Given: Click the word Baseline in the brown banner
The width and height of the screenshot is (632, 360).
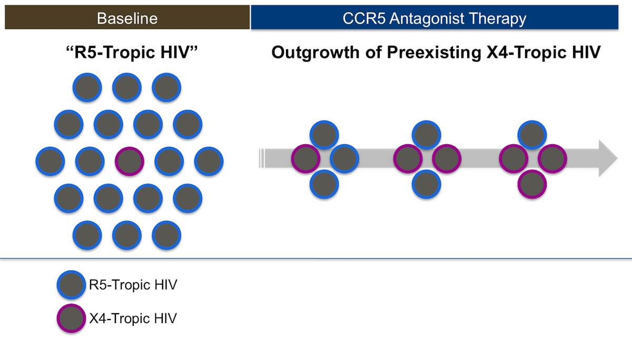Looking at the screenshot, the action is click(x=127, y=18).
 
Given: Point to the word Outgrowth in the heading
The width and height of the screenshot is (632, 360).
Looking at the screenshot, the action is click(x=315, y=53).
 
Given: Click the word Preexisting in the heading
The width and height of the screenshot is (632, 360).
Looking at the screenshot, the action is click(x=434, y=53).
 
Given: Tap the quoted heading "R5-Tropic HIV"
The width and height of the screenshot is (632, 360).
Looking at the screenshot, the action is click(x=132, y=53).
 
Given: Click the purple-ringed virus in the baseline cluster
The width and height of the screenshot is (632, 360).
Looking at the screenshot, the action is click(x=130, y=161).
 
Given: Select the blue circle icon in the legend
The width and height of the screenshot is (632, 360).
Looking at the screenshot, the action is click(x=72, y=285).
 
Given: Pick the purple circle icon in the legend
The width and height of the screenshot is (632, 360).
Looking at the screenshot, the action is click(x=72, y=318).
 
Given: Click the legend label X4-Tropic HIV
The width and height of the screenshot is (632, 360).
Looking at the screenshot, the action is click(x=133, y=318).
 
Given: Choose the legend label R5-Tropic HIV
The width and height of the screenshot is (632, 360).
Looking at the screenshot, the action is click(x=133, y=285).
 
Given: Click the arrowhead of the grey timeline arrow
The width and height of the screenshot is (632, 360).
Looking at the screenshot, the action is click(x=608, y=158).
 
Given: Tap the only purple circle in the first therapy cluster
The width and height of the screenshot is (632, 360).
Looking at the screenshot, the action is click(x=306, y=158).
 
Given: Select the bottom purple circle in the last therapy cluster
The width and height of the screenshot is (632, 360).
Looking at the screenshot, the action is click(x=532, y=184).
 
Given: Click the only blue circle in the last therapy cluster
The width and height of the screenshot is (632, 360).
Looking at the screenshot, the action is click(x=532, y=135).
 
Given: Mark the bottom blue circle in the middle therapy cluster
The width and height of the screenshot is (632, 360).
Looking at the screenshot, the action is click(x=426, y=184).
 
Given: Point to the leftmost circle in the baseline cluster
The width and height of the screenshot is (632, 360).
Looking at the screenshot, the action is click(x=50, y=161).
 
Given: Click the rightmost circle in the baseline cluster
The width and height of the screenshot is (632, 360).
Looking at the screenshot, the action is click(x=209, y=161).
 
